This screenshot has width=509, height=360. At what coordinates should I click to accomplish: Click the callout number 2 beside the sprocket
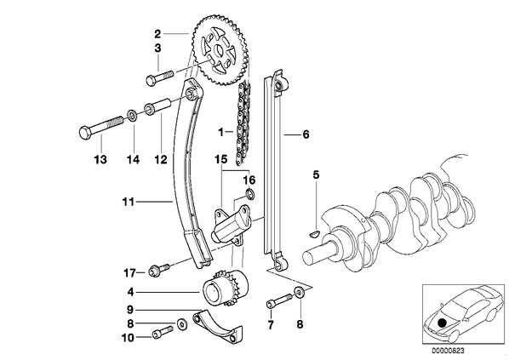[157, 34]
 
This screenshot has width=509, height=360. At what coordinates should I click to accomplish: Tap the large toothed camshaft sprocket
[220, 50]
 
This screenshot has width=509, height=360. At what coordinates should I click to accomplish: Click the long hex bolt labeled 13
[101, 129]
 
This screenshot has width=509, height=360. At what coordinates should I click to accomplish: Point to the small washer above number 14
[132, 115]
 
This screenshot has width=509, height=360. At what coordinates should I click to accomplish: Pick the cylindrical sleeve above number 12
[157, 106]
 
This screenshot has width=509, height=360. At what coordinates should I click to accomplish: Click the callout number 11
[129, 202]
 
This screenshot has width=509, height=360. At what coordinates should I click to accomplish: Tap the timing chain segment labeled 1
[243, 123]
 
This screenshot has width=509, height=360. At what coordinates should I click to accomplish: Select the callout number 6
[306, 134]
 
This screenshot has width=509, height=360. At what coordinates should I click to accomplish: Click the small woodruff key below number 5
[314, 232]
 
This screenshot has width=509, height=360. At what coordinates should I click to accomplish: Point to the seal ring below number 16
[250, 194]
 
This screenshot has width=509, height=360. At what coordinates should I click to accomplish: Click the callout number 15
[221, 159]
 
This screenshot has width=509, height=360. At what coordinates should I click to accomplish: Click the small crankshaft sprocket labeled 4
[226, 289]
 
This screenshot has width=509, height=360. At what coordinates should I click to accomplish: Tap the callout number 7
[271, 324]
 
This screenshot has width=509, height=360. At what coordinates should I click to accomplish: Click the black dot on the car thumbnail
[442, 323]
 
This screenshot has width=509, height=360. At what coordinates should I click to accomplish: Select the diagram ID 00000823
[448, 351]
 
